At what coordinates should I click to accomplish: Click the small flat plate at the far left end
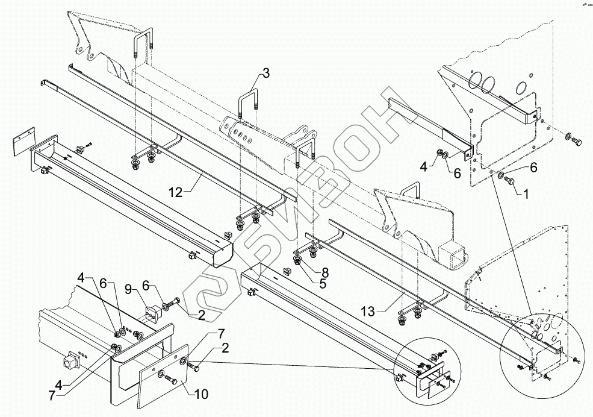[x=23, y=146]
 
